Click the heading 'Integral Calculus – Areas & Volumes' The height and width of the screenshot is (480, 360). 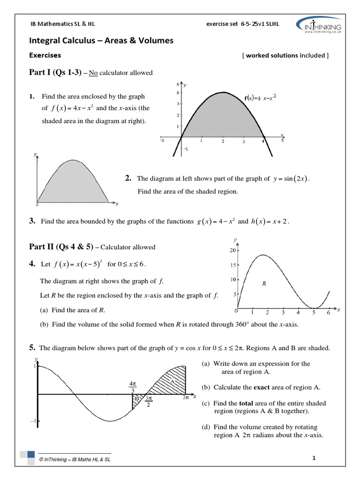tap(101, 41)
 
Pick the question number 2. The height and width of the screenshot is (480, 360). tap(127, 178)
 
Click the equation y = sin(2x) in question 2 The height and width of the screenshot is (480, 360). tap(291, 179)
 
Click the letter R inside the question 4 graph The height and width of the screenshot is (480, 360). tap(264, 284)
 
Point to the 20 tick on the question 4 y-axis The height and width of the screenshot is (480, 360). tap(232, 250)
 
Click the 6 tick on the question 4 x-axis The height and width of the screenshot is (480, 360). tap(328, 312)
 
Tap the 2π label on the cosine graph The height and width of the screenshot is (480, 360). tap(186, 397)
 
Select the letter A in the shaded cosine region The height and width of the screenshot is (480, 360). tap(172, 382)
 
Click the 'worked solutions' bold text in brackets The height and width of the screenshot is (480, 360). tap(271, 55)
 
